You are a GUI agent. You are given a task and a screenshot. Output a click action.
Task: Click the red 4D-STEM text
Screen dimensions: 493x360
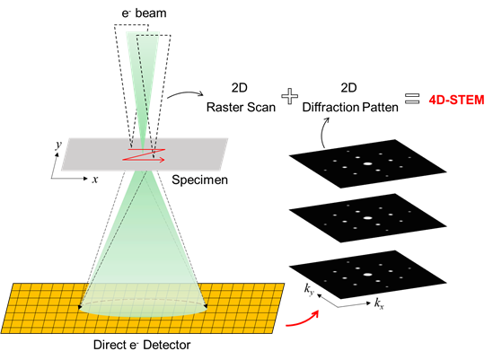tap(456, 100)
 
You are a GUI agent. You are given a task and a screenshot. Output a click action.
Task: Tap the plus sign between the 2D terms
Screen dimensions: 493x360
tap(289, 96)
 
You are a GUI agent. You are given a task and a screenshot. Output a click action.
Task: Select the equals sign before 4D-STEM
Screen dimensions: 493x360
tap(412, 98)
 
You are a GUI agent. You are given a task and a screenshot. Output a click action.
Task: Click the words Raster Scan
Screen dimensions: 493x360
tap(241, 107)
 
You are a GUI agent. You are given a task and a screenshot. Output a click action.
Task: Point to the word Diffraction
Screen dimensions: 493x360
tap(331, 107)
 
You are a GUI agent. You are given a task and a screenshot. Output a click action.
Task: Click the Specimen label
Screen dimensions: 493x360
tap(199, 180)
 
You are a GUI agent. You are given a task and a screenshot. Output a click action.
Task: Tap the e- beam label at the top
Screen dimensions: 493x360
tap(144, 13)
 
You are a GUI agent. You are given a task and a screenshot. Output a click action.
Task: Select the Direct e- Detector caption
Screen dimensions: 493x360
tap(142, 345)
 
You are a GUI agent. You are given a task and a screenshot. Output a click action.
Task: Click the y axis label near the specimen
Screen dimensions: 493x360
tap(58, 145)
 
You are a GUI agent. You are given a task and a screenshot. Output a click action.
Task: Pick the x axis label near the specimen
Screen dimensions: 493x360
tap(95, 180)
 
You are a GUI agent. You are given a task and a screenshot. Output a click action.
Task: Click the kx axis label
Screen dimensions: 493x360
tap(379, 303)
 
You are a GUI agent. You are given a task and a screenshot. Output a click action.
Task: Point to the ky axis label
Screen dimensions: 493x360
tap(309, 289)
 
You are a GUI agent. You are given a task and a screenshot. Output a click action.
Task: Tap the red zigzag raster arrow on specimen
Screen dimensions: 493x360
tap(144, 154)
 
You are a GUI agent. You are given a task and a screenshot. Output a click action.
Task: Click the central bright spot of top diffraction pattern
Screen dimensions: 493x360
tap(367, 163)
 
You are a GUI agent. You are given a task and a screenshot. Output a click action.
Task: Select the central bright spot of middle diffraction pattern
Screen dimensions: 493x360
tap(367, 217)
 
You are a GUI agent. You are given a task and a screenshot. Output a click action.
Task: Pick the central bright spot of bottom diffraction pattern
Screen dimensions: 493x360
tap(367, 275)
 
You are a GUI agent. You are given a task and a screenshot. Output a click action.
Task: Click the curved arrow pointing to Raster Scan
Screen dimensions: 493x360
tap(186, 93)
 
